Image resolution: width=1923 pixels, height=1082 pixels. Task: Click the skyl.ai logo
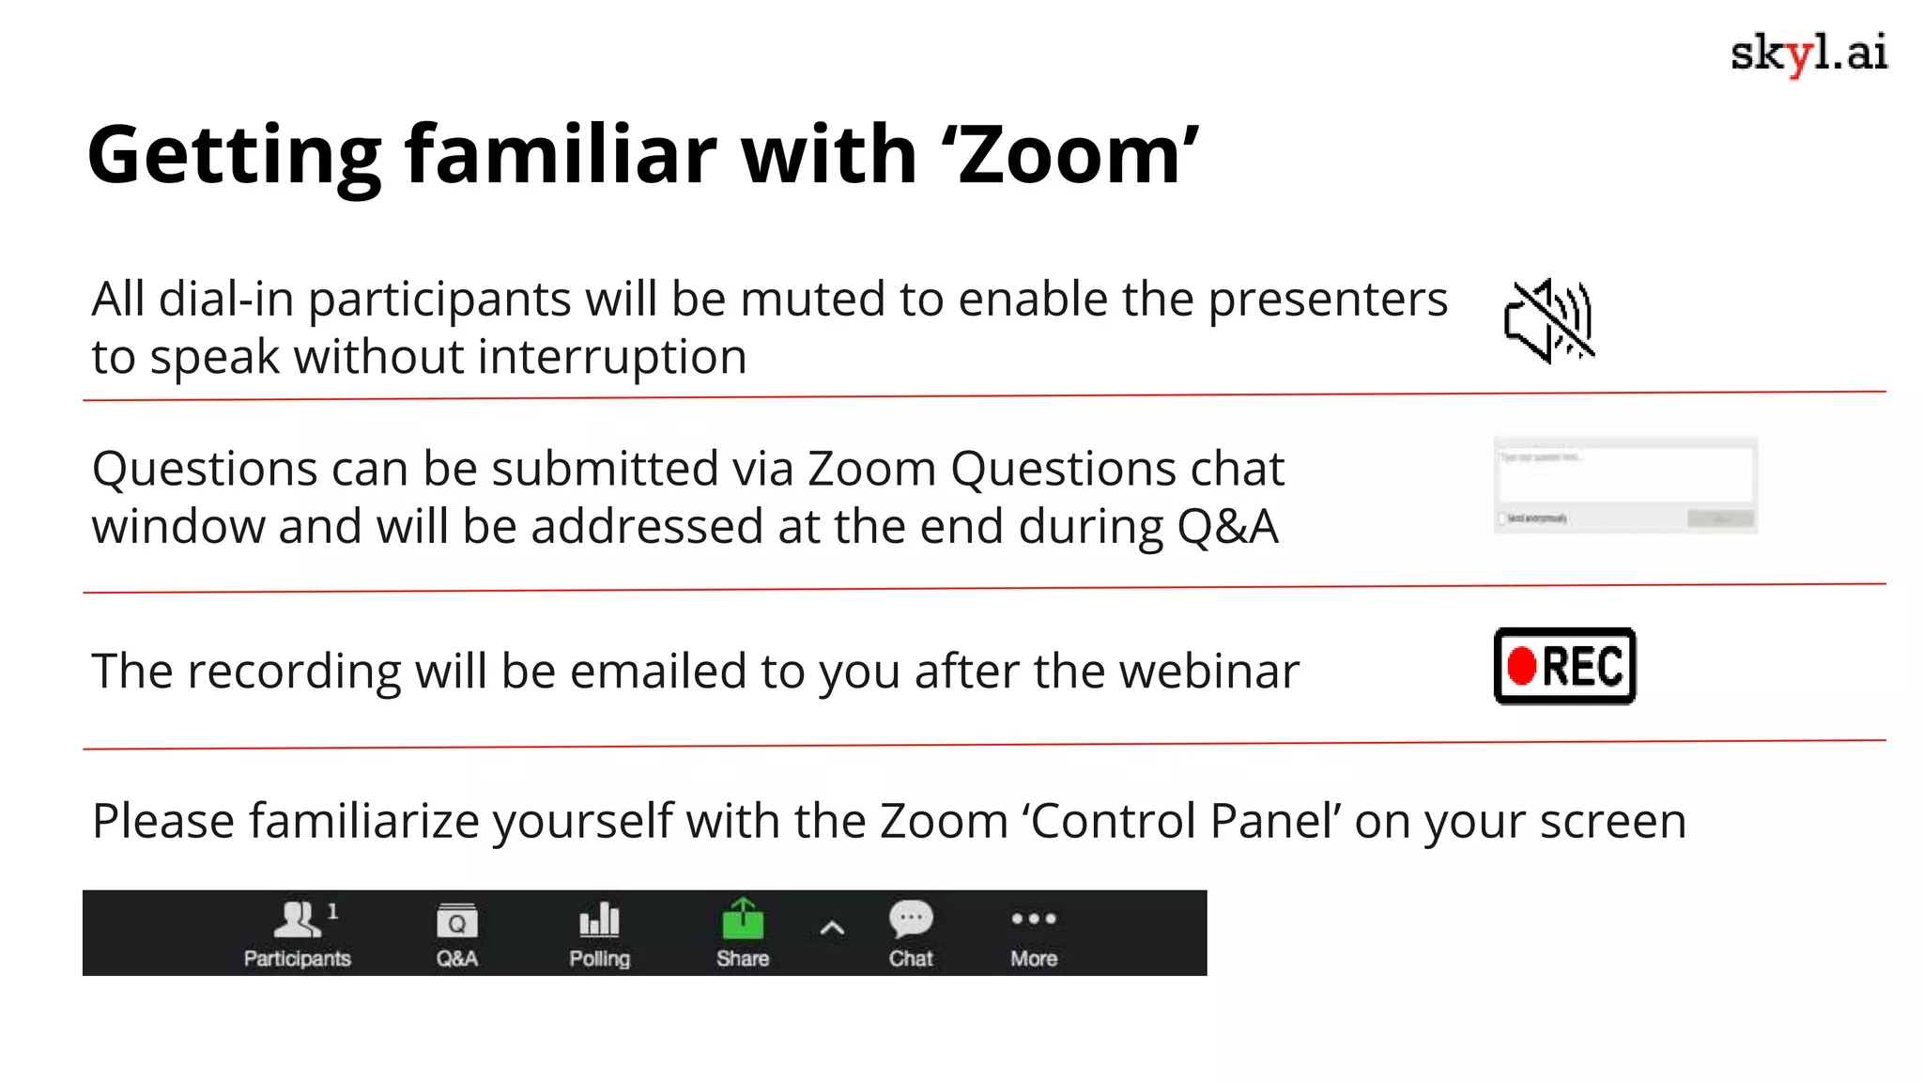pyautogui.click(x=1808, y=54)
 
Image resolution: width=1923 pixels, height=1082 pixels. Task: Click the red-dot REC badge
pyautogui.click(x=1564, y=666)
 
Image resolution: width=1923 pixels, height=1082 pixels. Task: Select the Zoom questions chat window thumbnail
pyautogui.click(x=1625, y=486)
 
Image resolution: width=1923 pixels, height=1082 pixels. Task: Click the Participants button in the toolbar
pyautogui.click(x=297, y=933)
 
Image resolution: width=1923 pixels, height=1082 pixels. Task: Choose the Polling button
pyautogui.click(x=599, y=933)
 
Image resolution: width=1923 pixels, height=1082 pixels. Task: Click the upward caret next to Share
pyautogui.click(x=832, y=929)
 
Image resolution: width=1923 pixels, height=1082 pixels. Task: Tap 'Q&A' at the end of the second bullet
pyautogui.click(x=1227, y=527)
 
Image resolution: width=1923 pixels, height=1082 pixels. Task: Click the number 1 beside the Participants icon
pyautogui.click(x=332, y=911)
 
